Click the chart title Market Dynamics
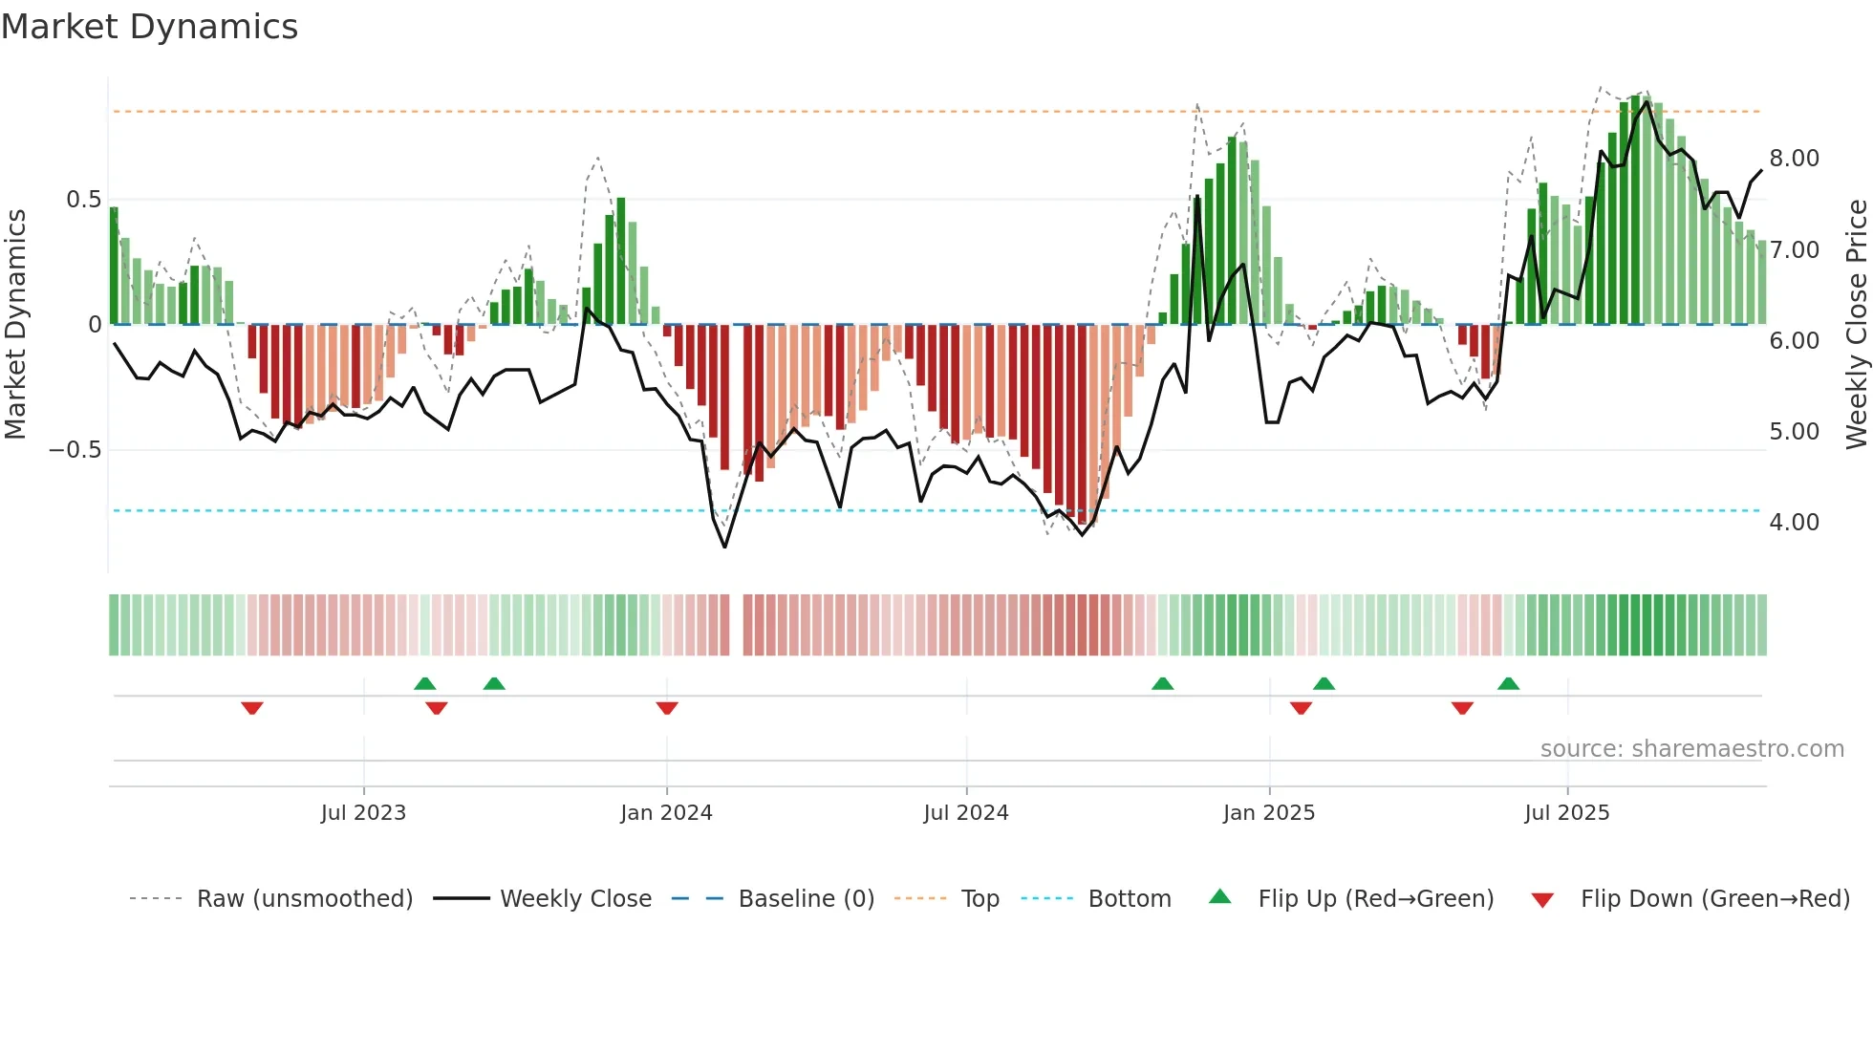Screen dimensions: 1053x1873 click(150, 27)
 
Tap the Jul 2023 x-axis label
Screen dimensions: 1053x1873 click(363, 813)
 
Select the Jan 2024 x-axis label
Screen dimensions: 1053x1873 click(666, 813)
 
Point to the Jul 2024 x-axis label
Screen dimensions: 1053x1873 click(966, 813)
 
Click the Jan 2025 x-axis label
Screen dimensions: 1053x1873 click(1269, 813)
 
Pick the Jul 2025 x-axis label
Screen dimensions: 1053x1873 click(1567, 813)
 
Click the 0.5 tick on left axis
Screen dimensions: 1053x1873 click(83, 200)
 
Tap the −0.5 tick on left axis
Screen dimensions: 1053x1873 click(75, 450)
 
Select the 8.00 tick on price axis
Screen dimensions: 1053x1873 click(1794, 159)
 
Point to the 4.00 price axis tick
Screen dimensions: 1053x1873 click(1794, 523)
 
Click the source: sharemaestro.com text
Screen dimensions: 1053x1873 click(1691, 749)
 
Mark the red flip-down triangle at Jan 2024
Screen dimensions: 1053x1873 click(667, 708)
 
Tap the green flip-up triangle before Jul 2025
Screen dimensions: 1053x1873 click(1508, 683)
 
